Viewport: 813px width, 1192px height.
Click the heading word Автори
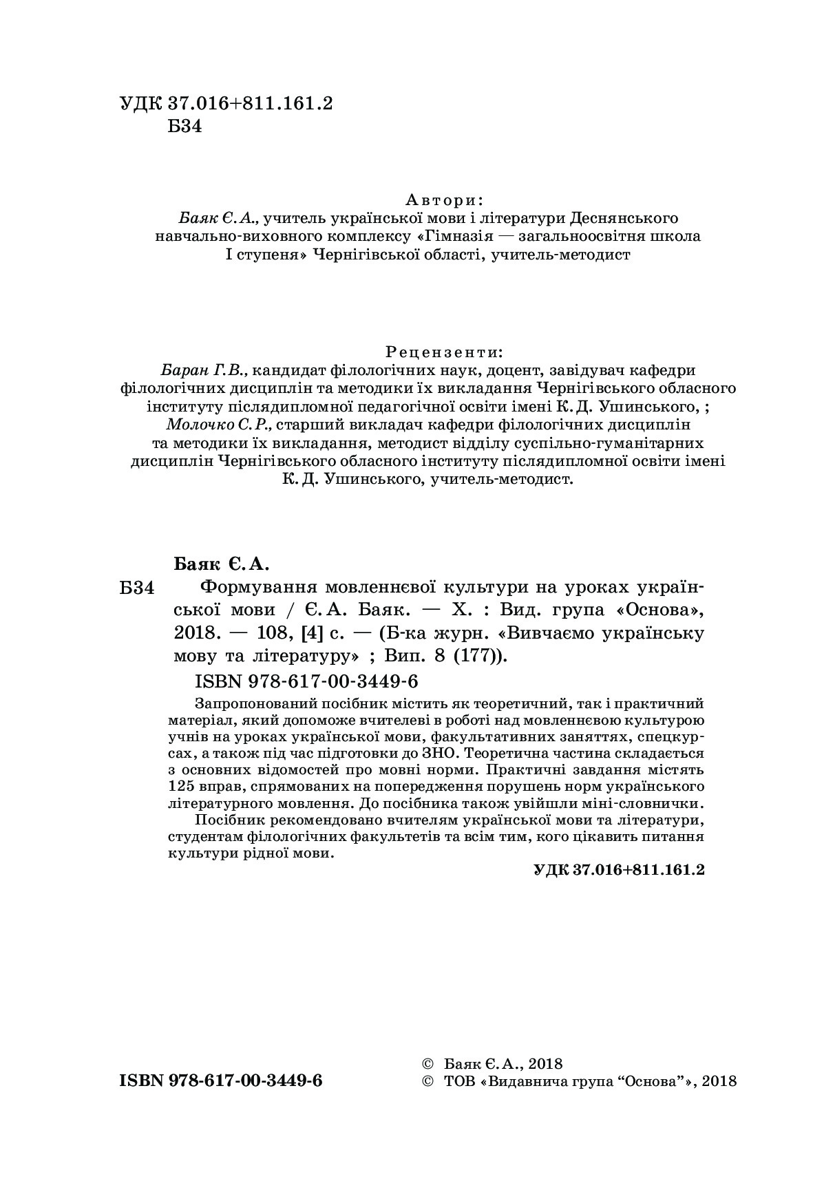click(444, 200)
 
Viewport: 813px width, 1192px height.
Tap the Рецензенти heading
click(444, 352)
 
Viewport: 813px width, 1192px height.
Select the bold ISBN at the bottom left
click(221, 1080)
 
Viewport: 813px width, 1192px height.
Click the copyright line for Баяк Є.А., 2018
click(492, 1063)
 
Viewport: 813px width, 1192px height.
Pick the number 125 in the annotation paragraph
click(180, 785)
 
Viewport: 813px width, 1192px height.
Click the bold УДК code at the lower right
click(619, 869)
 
